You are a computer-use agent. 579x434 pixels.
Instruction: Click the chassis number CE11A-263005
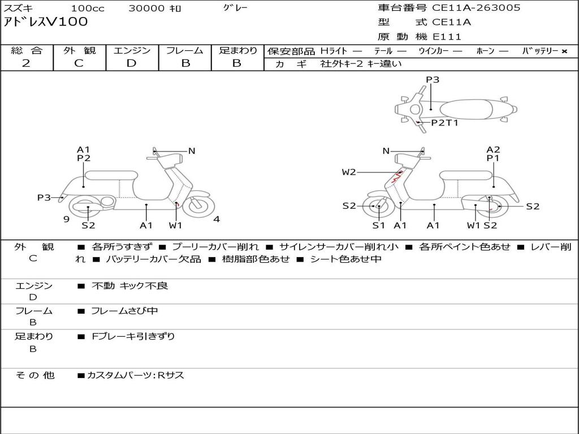click(x=476, y=8)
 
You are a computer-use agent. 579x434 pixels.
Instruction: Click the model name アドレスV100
click(x=46, y=22)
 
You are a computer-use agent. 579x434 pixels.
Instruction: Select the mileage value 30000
click(x=146, y=8)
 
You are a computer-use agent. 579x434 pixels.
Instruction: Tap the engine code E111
click(x=447, y=37)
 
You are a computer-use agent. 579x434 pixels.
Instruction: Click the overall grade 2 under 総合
click(x=26, y=63)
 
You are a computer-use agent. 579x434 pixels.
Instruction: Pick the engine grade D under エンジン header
click(x=131, y=63)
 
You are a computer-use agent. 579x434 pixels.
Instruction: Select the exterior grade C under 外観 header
click(x=79, y=63)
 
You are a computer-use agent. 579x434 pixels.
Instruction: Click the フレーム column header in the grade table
click(x=185, y=50)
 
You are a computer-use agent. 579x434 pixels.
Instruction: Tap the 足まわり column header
click(x=237, y=50)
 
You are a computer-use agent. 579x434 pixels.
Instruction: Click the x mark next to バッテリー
click(x=564, y=51)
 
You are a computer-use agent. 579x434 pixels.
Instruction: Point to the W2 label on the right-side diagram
click(x=349, y=172)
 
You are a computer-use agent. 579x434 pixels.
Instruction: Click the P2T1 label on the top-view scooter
click(x=444, y=123)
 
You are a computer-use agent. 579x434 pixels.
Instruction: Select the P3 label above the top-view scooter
click(x=433, y=80)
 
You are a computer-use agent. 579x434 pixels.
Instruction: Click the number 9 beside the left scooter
click(x=66, y=219)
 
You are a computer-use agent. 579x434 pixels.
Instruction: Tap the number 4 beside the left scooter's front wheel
click(x=217, y=219)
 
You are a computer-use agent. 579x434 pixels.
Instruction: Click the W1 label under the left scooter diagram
click(x=176, y=225)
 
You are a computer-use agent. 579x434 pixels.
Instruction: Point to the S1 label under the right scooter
click(x=378, y=225)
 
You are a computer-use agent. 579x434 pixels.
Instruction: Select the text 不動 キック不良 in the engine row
click(x=129, y=286)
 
